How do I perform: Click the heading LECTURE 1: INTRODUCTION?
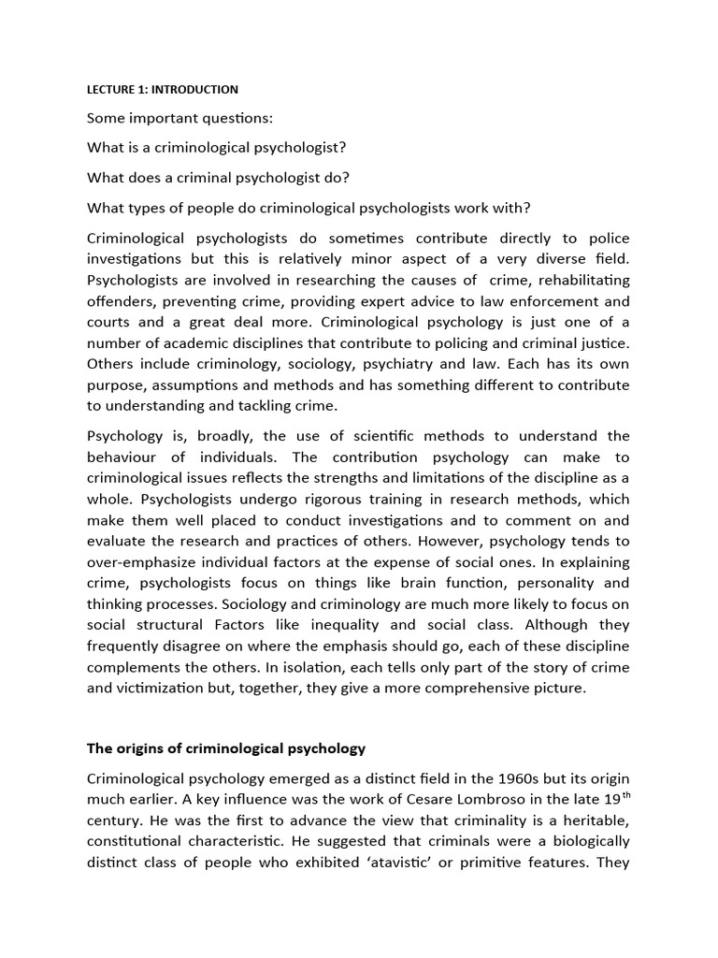[163, 90]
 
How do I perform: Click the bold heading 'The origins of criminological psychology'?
[226, 748]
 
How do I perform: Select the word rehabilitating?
[578, 281]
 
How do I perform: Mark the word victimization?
[164, 688]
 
